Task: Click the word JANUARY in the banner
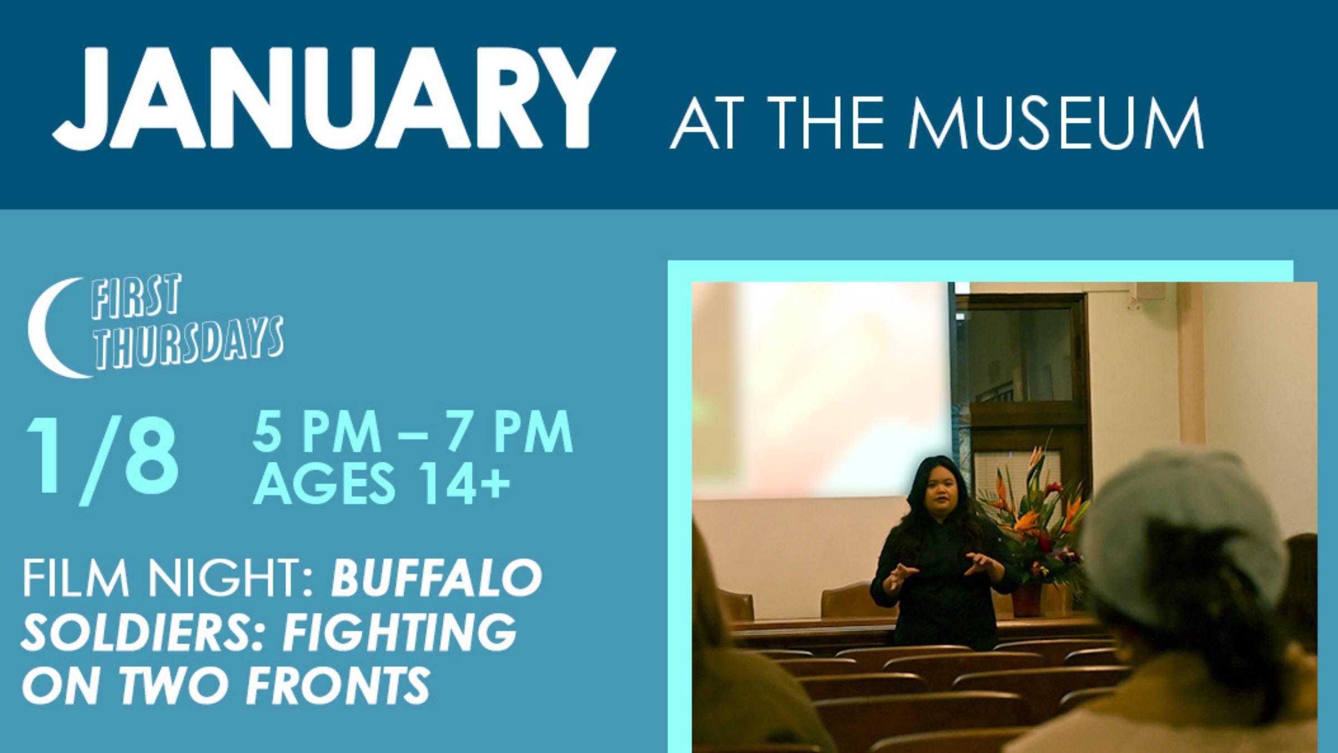click(x=333, y=99)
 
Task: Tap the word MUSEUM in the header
click(x=1055, y=123)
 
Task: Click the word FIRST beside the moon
click(x=135, y=296)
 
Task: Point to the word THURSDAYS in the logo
click(x=188, y=343)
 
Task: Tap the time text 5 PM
click(x=316, y=432)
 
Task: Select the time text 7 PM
click(x=508, y=432)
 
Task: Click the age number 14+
click(x=464, y=483)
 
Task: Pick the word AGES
click(x=324, y=483)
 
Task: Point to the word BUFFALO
click(x=437, y=578)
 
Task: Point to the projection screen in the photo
click(x=822, y=390)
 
